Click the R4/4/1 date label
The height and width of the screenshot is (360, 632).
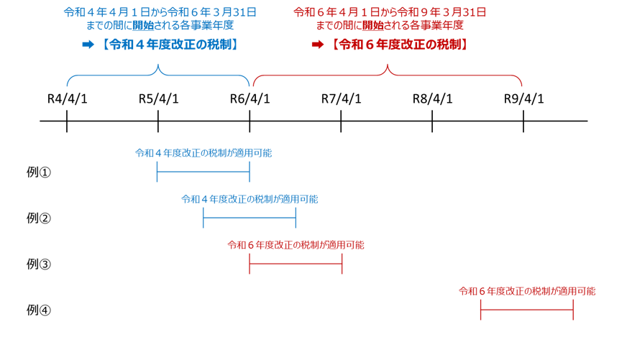point(67,98)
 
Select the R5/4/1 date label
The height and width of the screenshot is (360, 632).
point(158,98)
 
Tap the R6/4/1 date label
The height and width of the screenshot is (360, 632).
point(249,98)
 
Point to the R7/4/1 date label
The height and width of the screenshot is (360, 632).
point(341,98)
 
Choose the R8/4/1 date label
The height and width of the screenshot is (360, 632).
point(432,98)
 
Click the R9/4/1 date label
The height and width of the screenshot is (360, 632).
point(523,98)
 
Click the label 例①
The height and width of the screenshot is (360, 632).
point(39,172)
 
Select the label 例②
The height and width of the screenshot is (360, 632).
point(39,218)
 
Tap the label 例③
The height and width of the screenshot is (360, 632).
point(39,264)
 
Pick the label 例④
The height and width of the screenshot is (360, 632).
point(39,310)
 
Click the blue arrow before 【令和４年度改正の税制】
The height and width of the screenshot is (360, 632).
point(88,45)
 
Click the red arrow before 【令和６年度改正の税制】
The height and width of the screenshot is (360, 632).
point(317,45)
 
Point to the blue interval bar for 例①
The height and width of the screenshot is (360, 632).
point(203,172)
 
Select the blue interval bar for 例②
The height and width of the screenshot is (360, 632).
point(249,218)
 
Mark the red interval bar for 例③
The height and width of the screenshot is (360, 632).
point(296,264)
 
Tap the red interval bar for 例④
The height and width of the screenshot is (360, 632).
point(526,310)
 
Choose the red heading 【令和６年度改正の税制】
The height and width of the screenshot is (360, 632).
point(399,45)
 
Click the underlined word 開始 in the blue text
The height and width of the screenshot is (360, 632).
point(142,26)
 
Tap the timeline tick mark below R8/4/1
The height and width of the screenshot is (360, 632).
point(432,121)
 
